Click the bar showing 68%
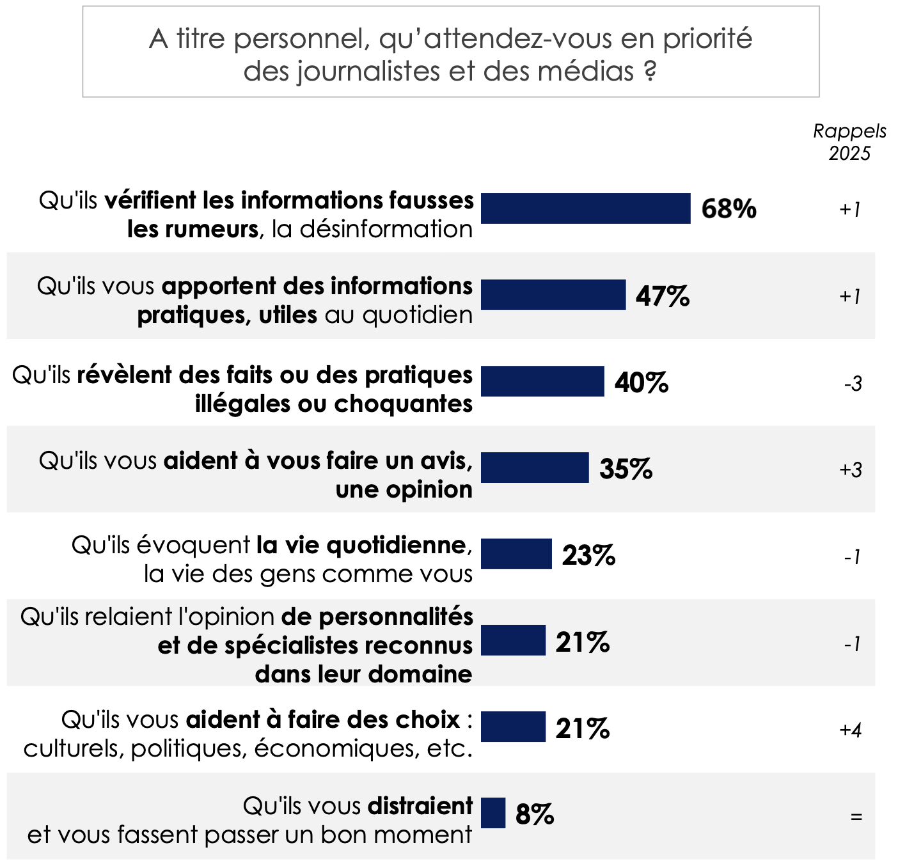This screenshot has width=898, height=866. pos(585,209)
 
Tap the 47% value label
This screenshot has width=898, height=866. pos(663,295)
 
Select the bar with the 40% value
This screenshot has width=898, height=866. pos(542,381)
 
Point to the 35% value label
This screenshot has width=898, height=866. pos(626,469)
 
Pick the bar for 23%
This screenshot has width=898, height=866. pos(516,554)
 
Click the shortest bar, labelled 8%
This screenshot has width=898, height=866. pos(493,813)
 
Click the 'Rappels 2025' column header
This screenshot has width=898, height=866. pos(849,142)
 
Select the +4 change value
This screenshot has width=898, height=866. pos(851,730)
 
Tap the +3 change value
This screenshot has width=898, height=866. pos(851,470)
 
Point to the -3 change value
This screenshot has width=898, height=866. pos(853,384)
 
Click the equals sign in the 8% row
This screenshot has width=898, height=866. pos(856,817)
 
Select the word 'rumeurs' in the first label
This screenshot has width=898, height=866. pos(193,229)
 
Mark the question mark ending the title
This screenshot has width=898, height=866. pos(649,71)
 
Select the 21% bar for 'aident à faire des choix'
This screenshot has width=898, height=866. pos(513,727)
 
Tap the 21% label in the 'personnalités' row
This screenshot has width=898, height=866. pos(582,642)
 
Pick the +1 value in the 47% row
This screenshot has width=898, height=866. pos(850,297)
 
